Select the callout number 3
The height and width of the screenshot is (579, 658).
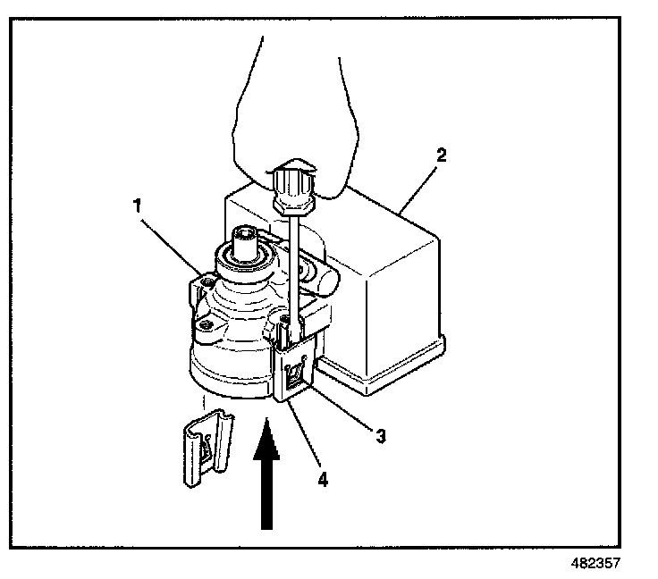(x=380, y=437)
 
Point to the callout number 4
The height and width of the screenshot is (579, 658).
(x=323, y=479)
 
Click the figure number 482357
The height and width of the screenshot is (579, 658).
(x=594, y=564)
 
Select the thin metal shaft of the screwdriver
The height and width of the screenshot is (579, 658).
(x=291, y=268)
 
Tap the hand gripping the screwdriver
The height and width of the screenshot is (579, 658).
(x=286, y=107)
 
